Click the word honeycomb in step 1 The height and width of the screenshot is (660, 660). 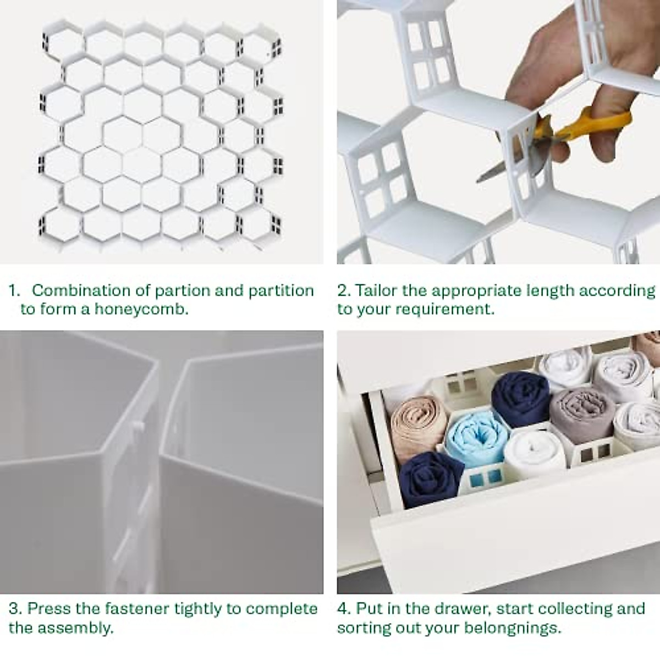pyautogui.click(x=141, y=309)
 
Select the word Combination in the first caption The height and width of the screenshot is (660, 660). pyautogui.click(x=81, y=290)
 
